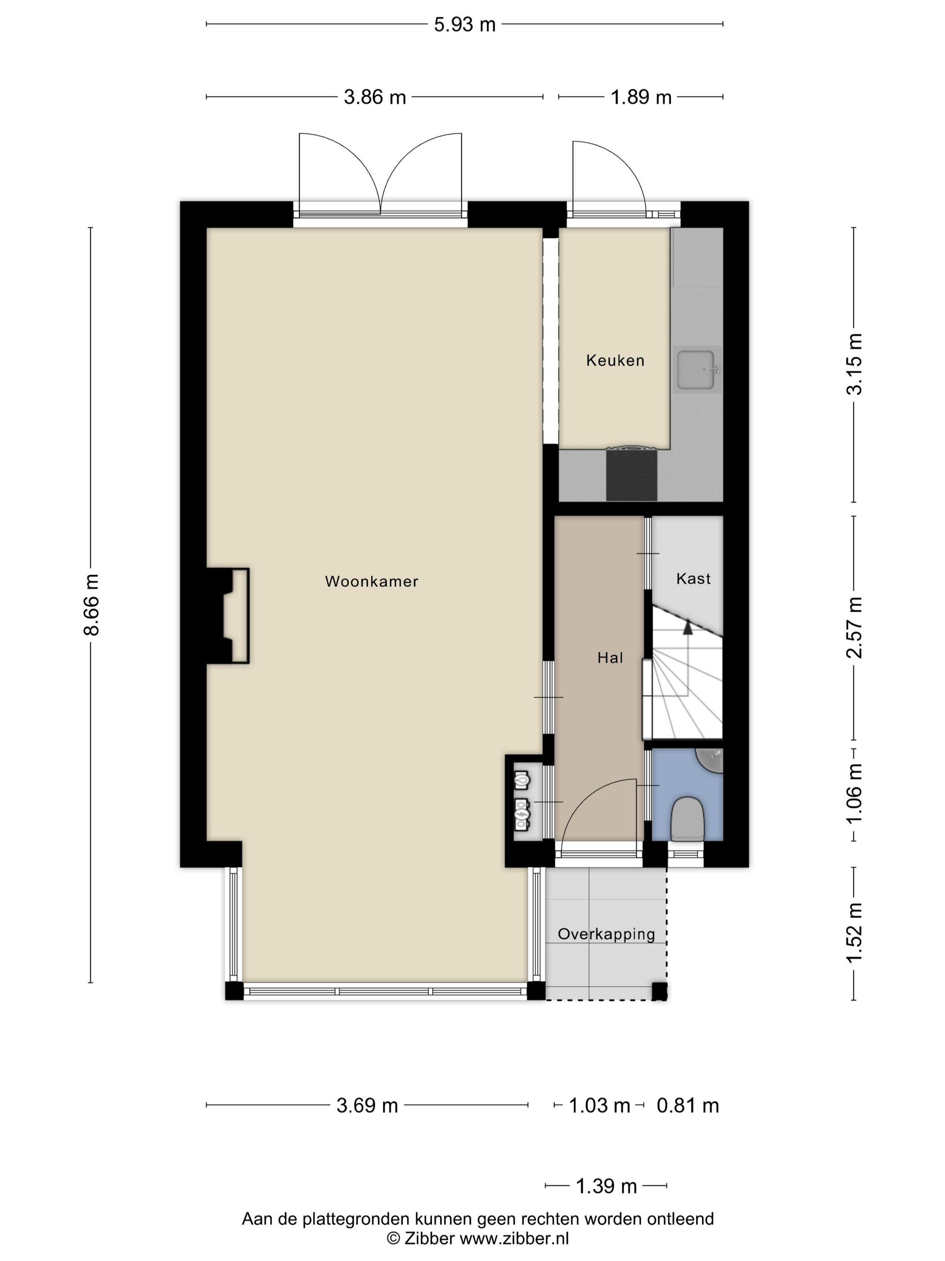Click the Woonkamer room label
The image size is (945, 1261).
(x=371, y=581)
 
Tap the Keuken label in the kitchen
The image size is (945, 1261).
(x=615, y=360)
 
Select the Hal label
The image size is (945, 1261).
(x=610, y=658)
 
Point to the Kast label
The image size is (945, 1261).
(x=693, y=579)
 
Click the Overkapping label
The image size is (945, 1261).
(x=606, y=934)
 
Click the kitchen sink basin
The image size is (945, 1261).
(x=696, y=369)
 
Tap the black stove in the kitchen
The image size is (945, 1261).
(x=631, y=473)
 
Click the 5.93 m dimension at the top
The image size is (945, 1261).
(x=465, y=24)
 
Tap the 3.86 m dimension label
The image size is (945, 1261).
(x=375, y=97)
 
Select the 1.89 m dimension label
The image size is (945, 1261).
(x=641, y=97)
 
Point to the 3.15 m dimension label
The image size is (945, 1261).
(x=855, y=364)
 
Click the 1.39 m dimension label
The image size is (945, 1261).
(x=606, y=1186)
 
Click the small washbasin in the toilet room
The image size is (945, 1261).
(x=709, y=761)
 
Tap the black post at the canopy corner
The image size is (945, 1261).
(x=660, y=991)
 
